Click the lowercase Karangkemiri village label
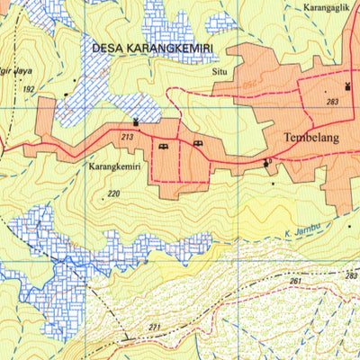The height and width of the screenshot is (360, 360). click(114, 167)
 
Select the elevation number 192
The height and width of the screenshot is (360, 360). click(29, 89)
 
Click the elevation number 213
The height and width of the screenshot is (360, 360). click(127, 137)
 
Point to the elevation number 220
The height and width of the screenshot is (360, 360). click(113, 193)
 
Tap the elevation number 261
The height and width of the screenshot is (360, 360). click(296, 282)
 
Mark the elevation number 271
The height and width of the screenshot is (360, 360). click(155, 327)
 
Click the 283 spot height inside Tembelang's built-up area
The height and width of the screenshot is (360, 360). click(333, 103)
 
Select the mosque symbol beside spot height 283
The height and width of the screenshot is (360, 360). click(347, 86)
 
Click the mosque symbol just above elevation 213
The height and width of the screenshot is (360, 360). click(136, 121)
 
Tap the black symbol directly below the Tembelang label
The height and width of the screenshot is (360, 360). click(266, 163)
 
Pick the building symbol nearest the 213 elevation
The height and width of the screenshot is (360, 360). click(163, 146)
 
